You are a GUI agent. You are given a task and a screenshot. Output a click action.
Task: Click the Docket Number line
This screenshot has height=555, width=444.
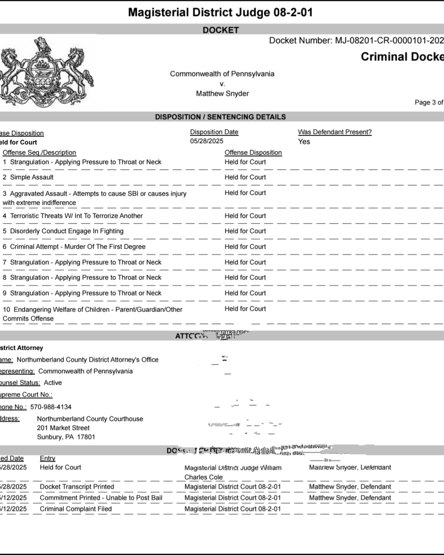coord(356,40)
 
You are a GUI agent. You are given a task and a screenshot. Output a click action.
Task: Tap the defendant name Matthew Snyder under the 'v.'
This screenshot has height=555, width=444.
coord(222,94)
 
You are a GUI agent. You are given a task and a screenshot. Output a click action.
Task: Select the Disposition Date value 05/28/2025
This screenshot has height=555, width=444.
coord(206,141)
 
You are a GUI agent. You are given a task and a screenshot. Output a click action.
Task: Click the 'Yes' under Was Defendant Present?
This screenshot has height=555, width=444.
coord(304,142)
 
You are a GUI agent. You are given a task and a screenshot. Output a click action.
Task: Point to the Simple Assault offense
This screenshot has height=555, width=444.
coord(32,177)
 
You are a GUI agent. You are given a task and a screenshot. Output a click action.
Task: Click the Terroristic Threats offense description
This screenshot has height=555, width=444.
coord(76,216)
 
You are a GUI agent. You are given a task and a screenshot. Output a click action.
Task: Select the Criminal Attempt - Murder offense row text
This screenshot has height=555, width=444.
coord(77,247)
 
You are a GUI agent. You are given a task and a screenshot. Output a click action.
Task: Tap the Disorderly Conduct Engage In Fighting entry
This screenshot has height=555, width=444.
coord(67,231)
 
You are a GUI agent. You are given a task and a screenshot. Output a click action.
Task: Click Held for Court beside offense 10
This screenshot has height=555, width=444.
coord(245,309)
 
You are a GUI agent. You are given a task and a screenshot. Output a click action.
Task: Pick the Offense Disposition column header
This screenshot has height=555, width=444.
coord(253,153)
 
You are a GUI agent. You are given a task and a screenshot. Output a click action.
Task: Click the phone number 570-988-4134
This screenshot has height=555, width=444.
coord(51,407)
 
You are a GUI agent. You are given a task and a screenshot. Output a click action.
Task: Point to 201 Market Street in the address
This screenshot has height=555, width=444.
coord(63,428)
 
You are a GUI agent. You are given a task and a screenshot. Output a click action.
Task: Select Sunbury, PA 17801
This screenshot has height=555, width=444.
coord(66,437)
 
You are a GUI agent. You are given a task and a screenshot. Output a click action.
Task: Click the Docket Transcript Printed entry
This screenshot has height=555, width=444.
coord(77,487)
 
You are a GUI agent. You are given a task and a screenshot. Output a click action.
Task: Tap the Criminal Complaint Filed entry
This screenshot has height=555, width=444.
coord(76,509)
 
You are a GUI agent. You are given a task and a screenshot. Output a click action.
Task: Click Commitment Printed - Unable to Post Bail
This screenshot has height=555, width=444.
coord(101,498)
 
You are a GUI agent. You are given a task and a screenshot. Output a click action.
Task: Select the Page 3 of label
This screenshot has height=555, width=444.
coord(428,102)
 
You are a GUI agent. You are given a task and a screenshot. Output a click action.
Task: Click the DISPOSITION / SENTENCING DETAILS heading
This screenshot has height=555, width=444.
coord(220,117)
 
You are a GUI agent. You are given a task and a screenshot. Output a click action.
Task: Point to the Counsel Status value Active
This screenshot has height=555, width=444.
coord(53,383)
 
